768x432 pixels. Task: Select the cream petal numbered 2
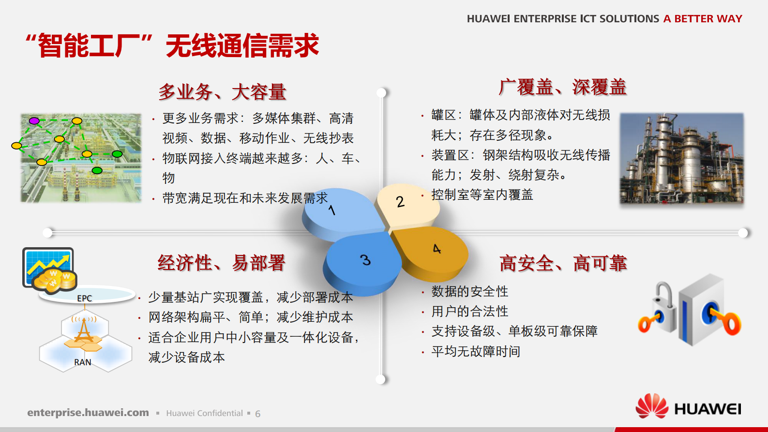click(x=407, y=203)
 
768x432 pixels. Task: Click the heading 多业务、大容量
click(x=223, y=92)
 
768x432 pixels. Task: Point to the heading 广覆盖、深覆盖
click(x=563, y=88)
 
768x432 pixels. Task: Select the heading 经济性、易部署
click(x=221, y=263)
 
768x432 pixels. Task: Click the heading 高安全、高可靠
click(x=563, y=264)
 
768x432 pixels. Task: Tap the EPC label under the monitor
click(x=84, y=298)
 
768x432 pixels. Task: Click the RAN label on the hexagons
click(x=82, y=362)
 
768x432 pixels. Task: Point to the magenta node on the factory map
click(x=34, y=120)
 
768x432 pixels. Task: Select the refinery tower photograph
click(x=681, y=158)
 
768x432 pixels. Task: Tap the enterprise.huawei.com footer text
click(x=88, y=413)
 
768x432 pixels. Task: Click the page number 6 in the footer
click(x=258, y=414)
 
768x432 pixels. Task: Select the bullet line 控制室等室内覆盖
click(x=482, y=195)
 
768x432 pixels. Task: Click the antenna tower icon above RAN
click(x=84, y=330)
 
